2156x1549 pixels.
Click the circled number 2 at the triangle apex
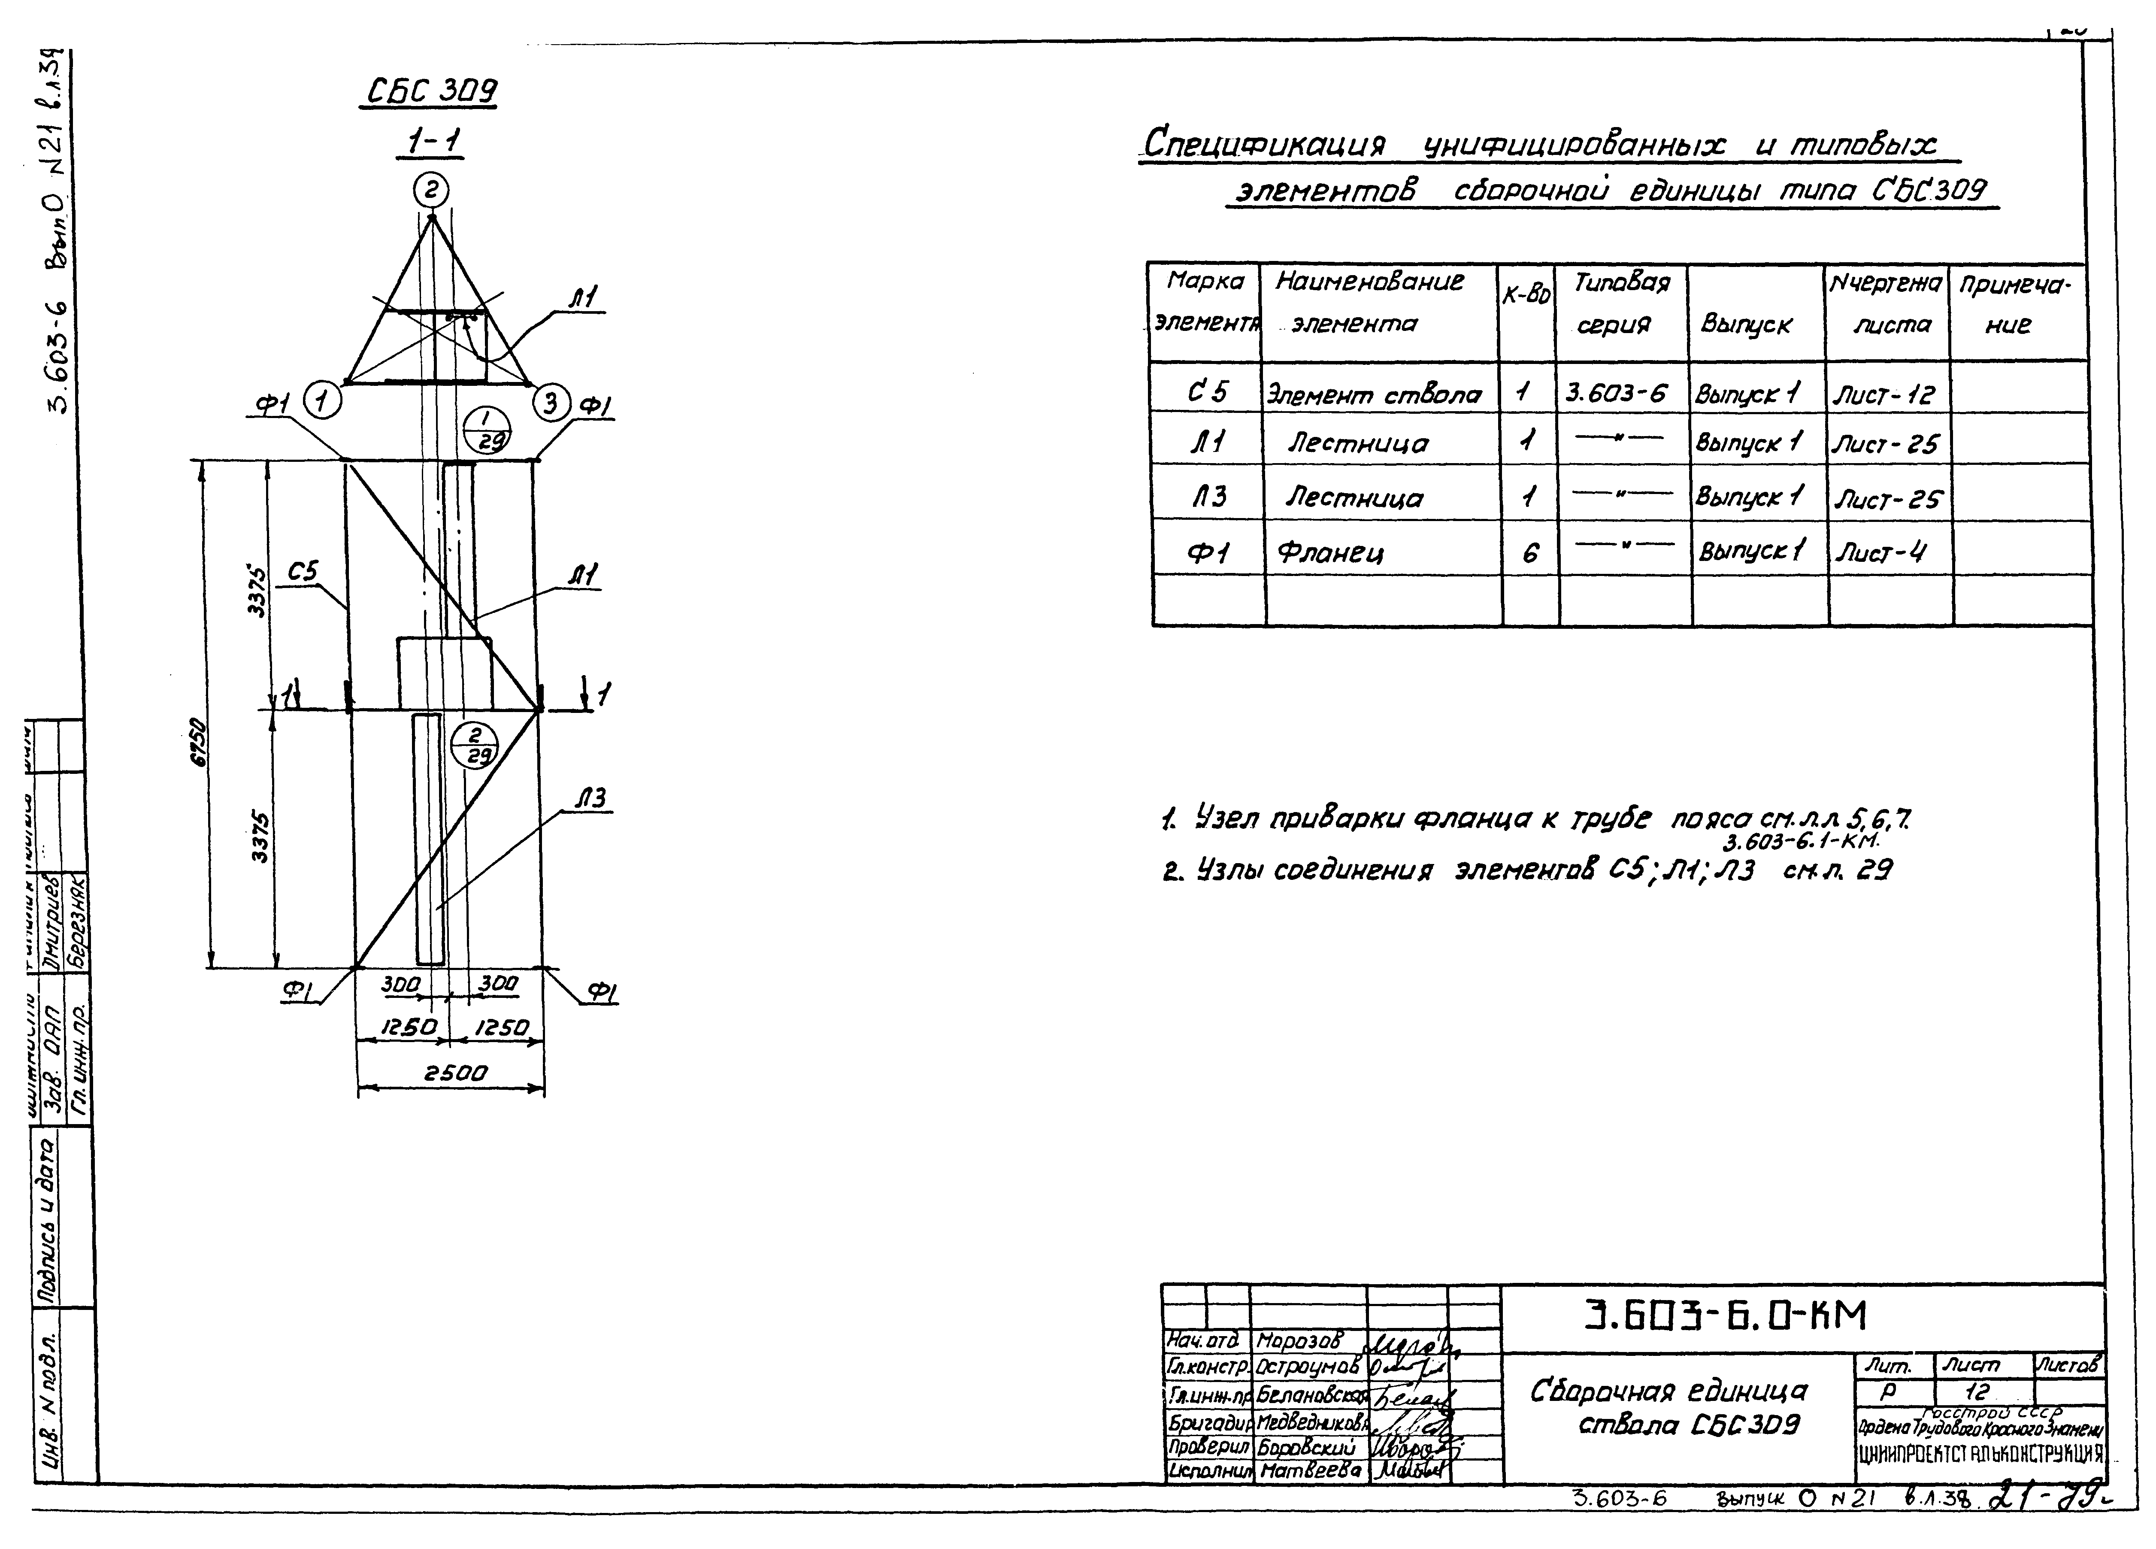pos(430,191)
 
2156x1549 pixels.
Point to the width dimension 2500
pos(454,1073)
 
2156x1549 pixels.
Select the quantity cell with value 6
pos(1529,552)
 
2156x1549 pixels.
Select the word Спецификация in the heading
pos(1264,145)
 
